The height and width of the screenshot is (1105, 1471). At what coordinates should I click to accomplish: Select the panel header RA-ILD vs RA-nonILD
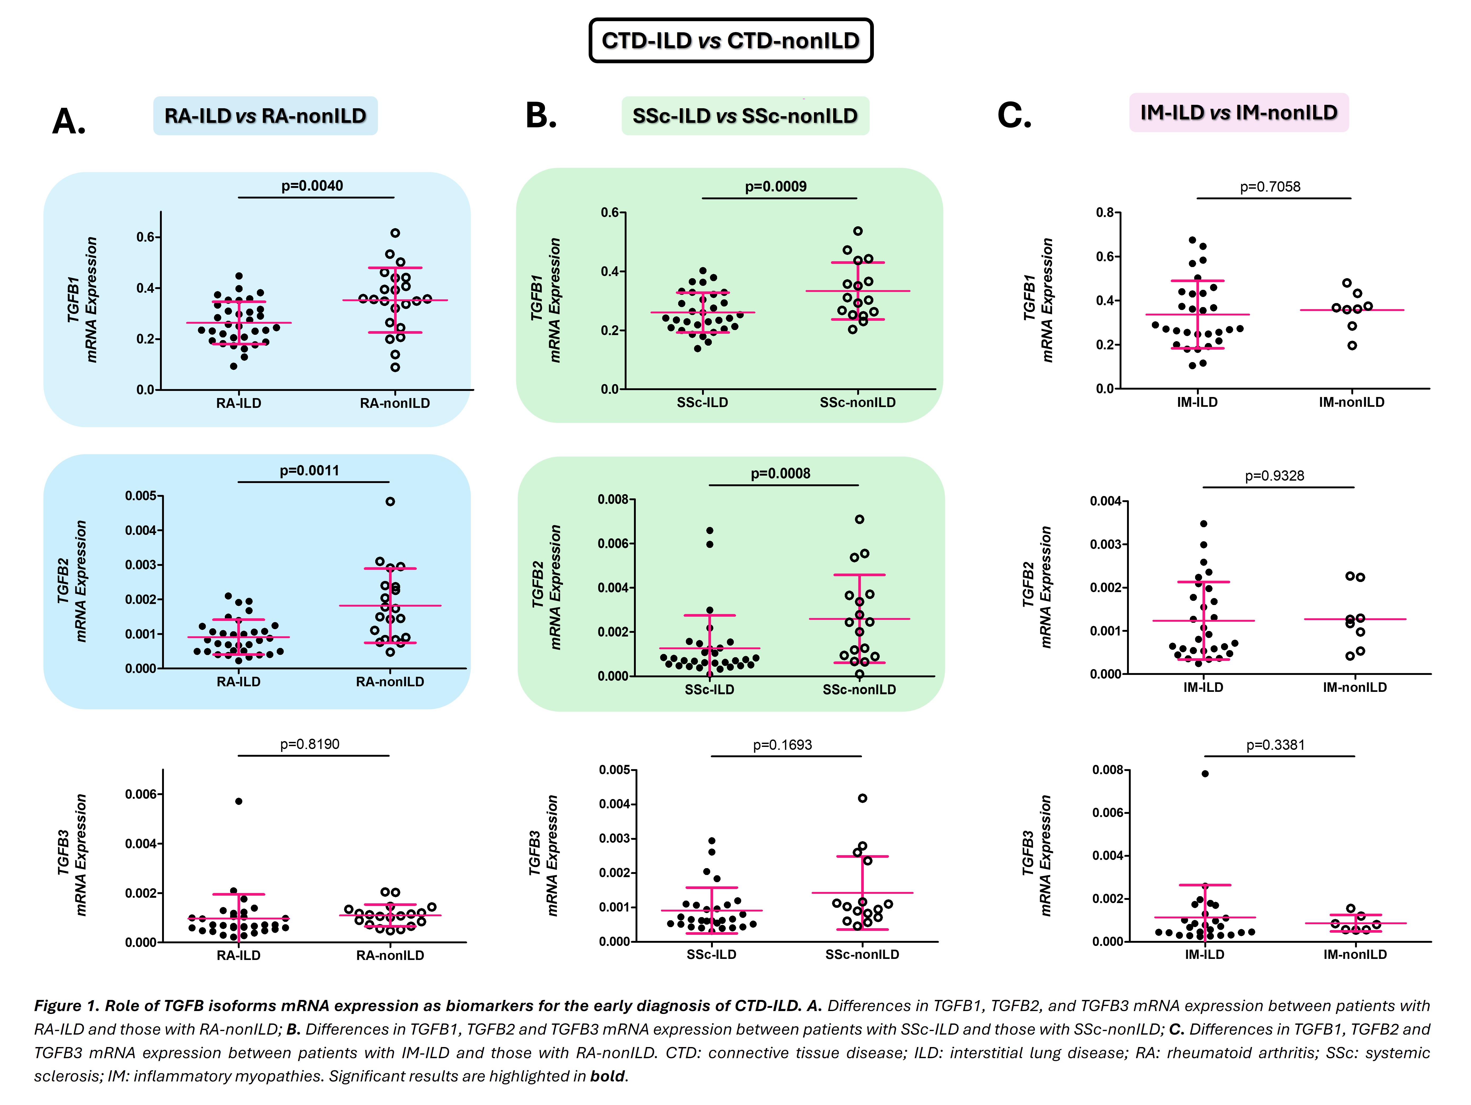coord(265,116)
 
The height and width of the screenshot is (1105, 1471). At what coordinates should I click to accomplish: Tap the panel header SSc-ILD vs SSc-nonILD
coord(745,116)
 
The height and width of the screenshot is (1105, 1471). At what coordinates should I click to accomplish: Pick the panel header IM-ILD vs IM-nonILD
coord(1238,112)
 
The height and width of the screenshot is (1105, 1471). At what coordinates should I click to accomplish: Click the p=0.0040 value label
coord(312,186)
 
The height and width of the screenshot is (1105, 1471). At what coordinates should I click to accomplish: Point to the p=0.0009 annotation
coord(775,186)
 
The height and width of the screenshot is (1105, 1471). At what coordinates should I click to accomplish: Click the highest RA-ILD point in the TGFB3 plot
coord(239,801)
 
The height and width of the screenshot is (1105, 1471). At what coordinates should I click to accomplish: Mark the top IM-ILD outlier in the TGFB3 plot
coord(1205,773)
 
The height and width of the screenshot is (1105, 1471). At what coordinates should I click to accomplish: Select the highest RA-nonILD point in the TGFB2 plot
coord(390,501)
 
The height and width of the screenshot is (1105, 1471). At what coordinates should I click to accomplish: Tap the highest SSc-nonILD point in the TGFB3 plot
coord(862,798)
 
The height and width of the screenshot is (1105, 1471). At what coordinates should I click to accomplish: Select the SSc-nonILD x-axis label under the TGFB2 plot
coord(859,689)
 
